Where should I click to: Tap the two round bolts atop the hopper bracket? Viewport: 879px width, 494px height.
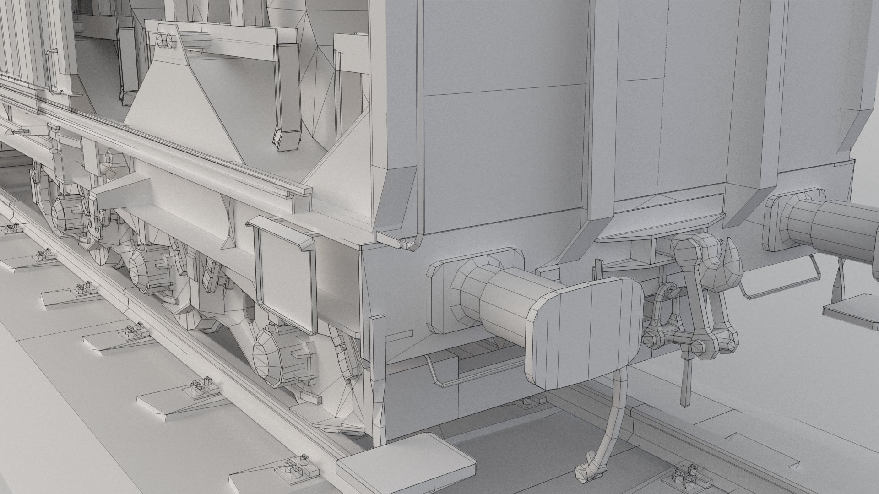[166, 40]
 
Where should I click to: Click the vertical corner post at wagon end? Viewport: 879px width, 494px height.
[378, 366]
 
